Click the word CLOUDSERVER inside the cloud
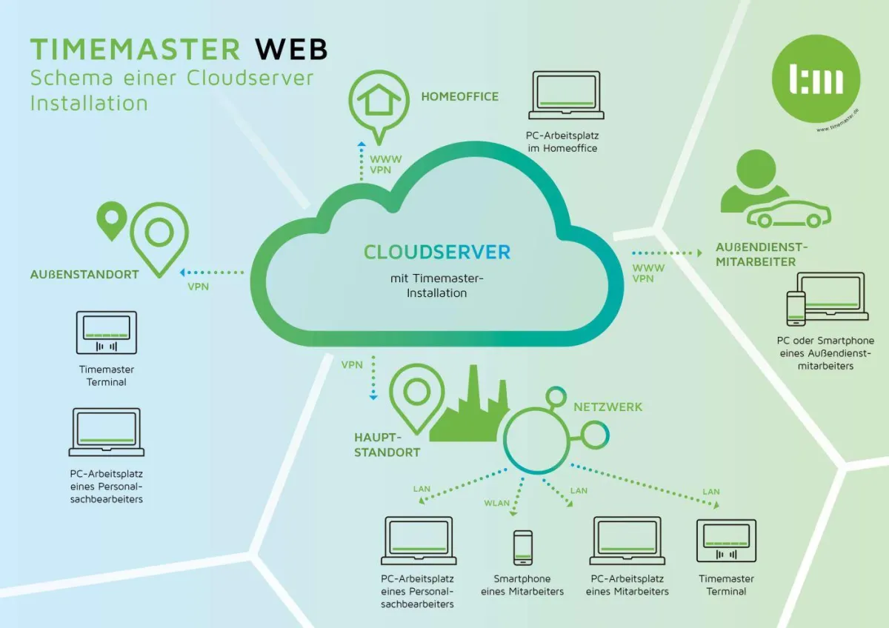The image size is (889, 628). pyautogui.click(x=437, y=252)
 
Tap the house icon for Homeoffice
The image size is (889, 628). pyautogui.click(x=379, y=98)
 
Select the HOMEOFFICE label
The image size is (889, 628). pyautogui.click(x=459, y=96)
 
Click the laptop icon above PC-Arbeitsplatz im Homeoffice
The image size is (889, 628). pyautogui.click(x=566, y=96)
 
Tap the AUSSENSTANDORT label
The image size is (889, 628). pyautogui.click(x=84, y=274)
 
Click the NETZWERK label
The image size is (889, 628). pyautogui.click(x=607, y=407)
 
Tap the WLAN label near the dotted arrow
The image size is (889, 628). pyautogui.click(x=497, y=503)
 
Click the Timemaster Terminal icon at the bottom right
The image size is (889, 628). pyautogui.click(x=726, y=541)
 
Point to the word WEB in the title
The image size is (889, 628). pyautogui.click(x=290, y=49)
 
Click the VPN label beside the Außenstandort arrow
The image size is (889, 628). pyautogui.click(x=198, y=287)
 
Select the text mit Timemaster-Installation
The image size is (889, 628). pyautogui.click(x=437, y=286)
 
